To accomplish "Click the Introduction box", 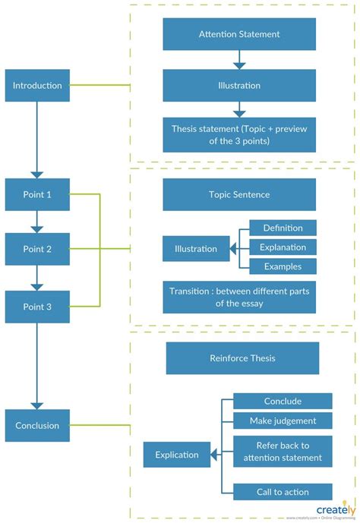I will [37, 86].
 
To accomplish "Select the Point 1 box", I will [37, 195].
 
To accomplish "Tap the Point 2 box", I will [37, 249].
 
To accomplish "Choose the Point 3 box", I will [37, 307].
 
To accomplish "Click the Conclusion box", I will [37, 426].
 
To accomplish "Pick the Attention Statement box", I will [239, 34].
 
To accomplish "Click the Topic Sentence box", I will [239, 195].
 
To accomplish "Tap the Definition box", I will [283, 228].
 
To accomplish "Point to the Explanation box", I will [283, 247].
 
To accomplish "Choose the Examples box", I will [283, 266].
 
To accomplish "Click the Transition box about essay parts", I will [239, 297].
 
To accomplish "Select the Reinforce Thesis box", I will [242, 358].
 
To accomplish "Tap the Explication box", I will [177, 455].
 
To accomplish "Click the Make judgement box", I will [283, 421].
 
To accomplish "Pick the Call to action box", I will [283, 491].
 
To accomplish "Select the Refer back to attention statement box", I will [283, 451].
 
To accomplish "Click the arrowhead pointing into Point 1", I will [37, 175].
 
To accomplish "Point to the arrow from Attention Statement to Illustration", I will [239, 60].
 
